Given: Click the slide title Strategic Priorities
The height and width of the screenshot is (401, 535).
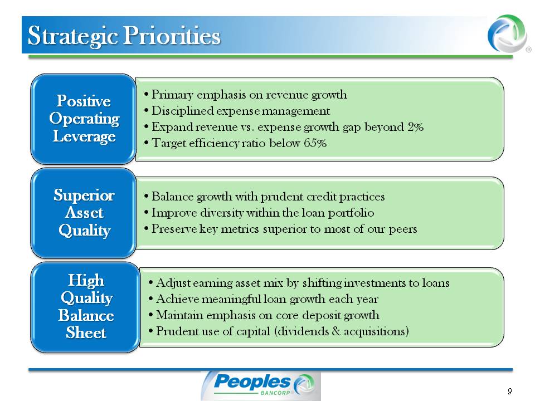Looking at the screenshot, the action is click(124, 36).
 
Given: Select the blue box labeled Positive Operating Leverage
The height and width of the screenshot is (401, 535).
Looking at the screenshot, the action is click(84, 119).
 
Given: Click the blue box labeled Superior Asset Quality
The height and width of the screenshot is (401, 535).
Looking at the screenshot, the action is click(84, 213).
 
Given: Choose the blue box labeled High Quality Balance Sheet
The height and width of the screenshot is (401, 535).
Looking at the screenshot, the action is click(86, 307).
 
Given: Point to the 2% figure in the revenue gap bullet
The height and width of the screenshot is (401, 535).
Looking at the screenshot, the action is click(415, 127).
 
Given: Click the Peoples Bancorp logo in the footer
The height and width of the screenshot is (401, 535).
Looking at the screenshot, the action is click(261, 385).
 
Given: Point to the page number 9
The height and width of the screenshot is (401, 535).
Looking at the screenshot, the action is click(510, 391).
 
